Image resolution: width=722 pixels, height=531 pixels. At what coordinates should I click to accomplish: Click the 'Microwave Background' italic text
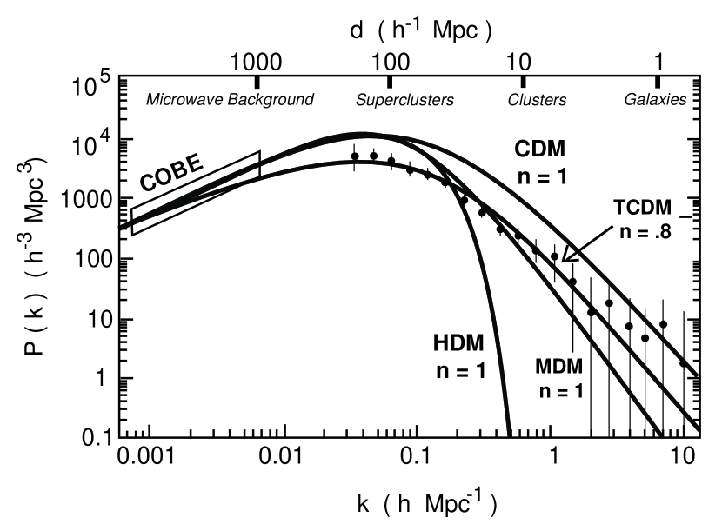(230, 99)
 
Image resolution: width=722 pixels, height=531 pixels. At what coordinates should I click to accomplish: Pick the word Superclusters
(404, 100)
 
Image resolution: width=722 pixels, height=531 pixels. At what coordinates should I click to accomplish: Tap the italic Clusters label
(537, 100)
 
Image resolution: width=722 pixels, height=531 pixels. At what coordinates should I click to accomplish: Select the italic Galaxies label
(655, 100)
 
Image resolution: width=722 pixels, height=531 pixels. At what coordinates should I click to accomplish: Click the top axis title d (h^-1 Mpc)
(422, 29)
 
